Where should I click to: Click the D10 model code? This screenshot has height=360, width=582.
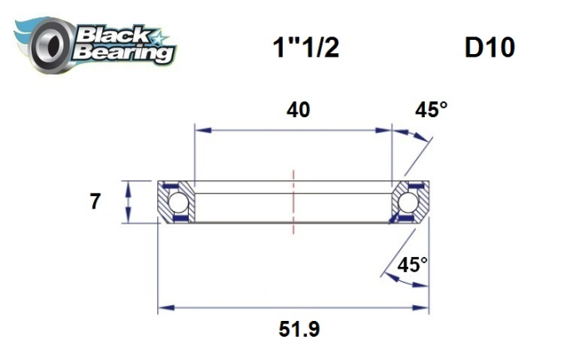(490, 47)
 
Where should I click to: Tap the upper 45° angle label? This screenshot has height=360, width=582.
(432, 111)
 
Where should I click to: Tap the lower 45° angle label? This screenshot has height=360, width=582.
(413, 265)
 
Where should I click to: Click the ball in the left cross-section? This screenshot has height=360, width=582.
(177, 204)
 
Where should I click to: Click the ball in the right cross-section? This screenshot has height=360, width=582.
(407, 204)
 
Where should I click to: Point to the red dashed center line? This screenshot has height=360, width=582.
(293, 200)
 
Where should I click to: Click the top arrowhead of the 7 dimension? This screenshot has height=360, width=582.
(127, 185)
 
